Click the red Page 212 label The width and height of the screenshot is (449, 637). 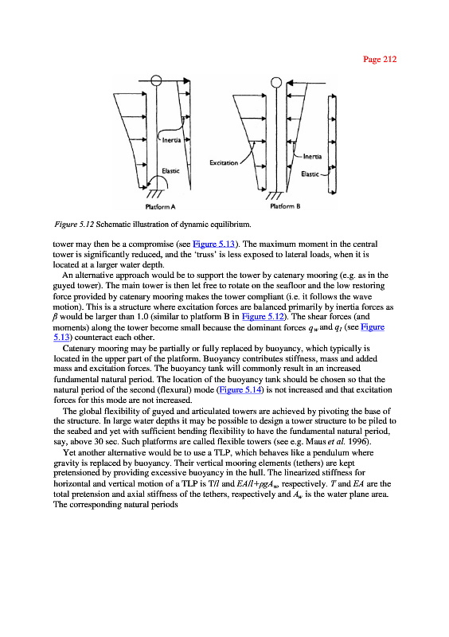[x=380, y=59]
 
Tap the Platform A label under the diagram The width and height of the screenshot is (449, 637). [x=160, y=207]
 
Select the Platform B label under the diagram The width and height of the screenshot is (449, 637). [x=285, y=206]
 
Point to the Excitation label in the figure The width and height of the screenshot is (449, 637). [x=224, y=163]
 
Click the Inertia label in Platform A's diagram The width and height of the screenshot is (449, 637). [x=171, y=140]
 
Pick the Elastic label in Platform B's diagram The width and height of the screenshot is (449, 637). [x=310, y=174]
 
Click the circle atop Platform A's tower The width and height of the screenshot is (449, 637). [x=156, y=80]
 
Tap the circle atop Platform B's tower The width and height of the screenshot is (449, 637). [x=276, y=83]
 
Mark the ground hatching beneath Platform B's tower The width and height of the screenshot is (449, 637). [x=274, y=196]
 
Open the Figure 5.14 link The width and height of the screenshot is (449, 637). [x=240, y=390]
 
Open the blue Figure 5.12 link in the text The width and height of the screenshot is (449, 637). [x=263, y=317]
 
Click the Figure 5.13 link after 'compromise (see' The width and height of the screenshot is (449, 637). [x=213, y=244]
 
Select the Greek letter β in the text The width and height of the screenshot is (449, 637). [x=55, y=317]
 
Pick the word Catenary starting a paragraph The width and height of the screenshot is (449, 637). [x=79, y=349]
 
